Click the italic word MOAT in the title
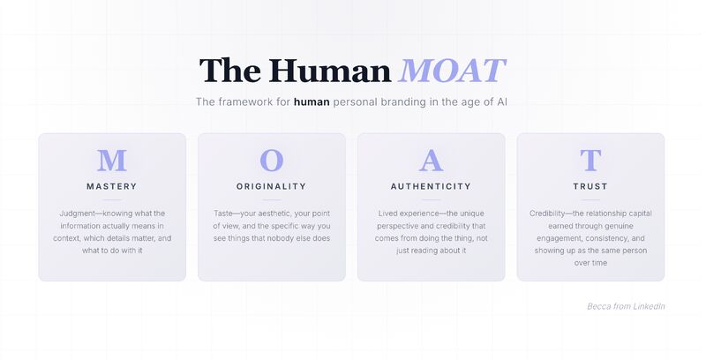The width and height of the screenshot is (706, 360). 452,71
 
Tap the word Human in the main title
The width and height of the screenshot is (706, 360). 330,71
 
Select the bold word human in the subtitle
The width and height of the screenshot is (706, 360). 312,101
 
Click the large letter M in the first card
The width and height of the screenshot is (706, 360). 112,161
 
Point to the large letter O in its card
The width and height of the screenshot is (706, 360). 272,161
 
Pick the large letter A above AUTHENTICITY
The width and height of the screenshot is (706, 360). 431,161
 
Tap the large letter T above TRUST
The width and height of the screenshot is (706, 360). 590,161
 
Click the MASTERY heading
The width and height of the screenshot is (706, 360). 112,186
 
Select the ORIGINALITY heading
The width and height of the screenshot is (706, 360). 272,186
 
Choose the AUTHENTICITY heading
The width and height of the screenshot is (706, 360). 431,186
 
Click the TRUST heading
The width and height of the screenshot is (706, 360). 590,186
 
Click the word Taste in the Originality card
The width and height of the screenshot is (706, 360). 223,214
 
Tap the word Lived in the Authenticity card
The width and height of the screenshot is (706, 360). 387,214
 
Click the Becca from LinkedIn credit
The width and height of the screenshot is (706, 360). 626,306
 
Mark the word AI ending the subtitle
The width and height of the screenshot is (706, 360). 502,101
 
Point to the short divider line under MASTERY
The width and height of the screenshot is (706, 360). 112,199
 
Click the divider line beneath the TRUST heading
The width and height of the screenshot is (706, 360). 590,199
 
